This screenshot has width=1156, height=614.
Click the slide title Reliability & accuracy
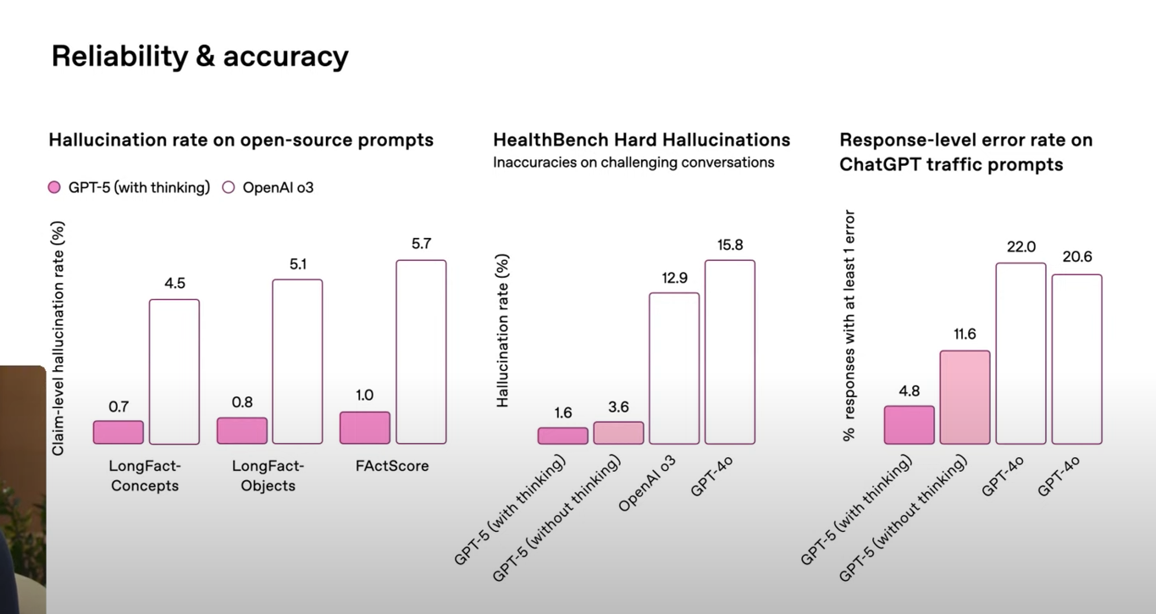[x=200, y=56]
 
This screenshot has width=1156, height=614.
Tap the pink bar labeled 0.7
[x=119, y=432]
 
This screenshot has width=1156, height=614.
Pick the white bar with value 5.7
[x=421, y=351]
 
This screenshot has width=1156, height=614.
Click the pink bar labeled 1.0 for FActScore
[x=365, y=428]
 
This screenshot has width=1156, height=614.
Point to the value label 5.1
[x=297, y=264]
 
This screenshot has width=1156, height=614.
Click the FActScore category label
[x=391, y=466]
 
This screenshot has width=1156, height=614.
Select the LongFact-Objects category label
[x=268, y=475]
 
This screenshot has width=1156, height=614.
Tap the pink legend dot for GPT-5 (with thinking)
[x=55, y=187]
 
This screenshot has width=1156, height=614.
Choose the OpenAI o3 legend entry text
[x=278, y=187]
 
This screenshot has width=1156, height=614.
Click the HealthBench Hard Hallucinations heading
[x=642, y=140]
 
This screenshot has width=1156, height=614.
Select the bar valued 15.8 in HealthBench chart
[x=730, y=351]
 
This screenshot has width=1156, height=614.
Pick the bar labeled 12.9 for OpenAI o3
[x=674, y=368]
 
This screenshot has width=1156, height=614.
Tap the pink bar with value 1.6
[x=562, y=435]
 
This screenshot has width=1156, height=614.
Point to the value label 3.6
[x=618, y=407]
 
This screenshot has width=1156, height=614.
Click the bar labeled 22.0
[x=1020, y=353]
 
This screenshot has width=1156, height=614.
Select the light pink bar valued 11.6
[x=965, y=397]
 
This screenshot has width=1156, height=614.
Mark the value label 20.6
[x=1076, y=257]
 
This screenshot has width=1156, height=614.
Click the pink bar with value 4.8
[x=909, y=424]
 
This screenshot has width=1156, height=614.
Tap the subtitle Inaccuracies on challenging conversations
[x=633, y=163]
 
